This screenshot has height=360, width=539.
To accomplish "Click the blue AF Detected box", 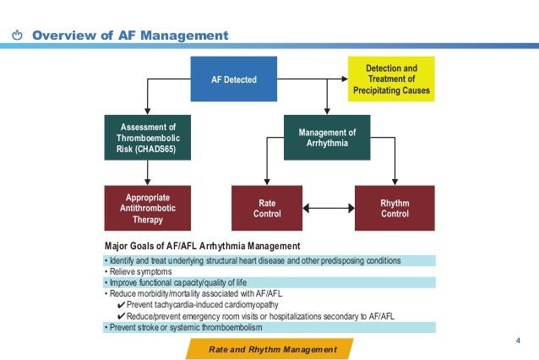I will (x=233, y=79).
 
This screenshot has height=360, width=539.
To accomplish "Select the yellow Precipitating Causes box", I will (x=391, y=79).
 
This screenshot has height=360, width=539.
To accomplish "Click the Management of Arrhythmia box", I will (x=327, y=138).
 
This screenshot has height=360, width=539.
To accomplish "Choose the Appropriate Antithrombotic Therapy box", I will (x=147, y=208).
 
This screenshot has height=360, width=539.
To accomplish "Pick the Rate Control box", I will (x=265, y=208).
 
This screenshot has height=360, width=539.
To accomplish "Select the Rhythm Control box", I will (x=395, y=208).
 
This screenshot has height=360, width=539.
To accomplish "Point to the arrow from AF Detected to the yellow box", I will (x=313, y=79).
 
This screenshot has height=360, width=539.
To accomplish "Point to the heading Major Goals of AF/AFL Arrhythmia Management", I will (x=210, y=246).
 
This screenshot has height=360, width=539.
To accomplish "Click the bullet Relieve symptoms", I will (x=139, y=271).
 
